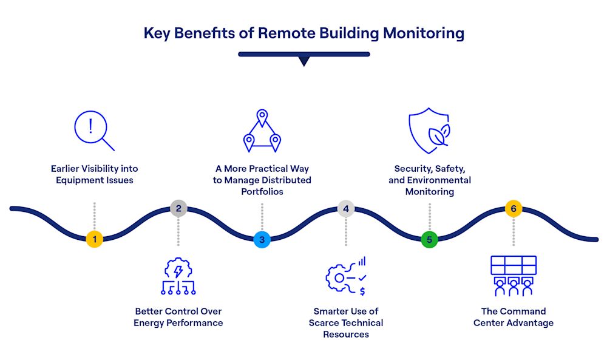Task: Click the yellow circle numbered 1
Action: coord(95,239)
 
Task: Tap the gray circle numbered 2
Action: coord(178,209)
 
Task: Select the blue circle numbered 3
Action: coord(262,240)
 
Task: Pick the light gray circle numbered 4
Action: coord(346,209)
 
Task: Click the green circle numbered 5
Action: coord(429,240)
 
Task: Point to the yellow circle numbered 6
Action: coord(514,209)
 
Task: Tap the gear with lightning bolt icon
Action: coord(178,276)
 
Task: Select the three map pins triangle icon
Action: coord(262,131)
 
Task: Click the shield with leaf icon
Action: coord(429,131)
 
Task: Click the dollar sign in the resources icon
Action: coord(362,291)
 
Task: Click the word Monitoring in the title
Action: coord(424,33)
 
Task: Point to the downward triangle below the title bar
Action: coord(304,61)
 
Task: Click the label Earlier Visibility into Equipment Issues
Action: coord(95,174)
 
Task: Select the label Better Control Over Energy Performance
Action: coord(178,317)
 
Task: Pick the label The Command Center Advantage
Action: coord(514,317)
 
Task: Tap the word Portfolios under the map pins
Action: coord(262,192)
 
